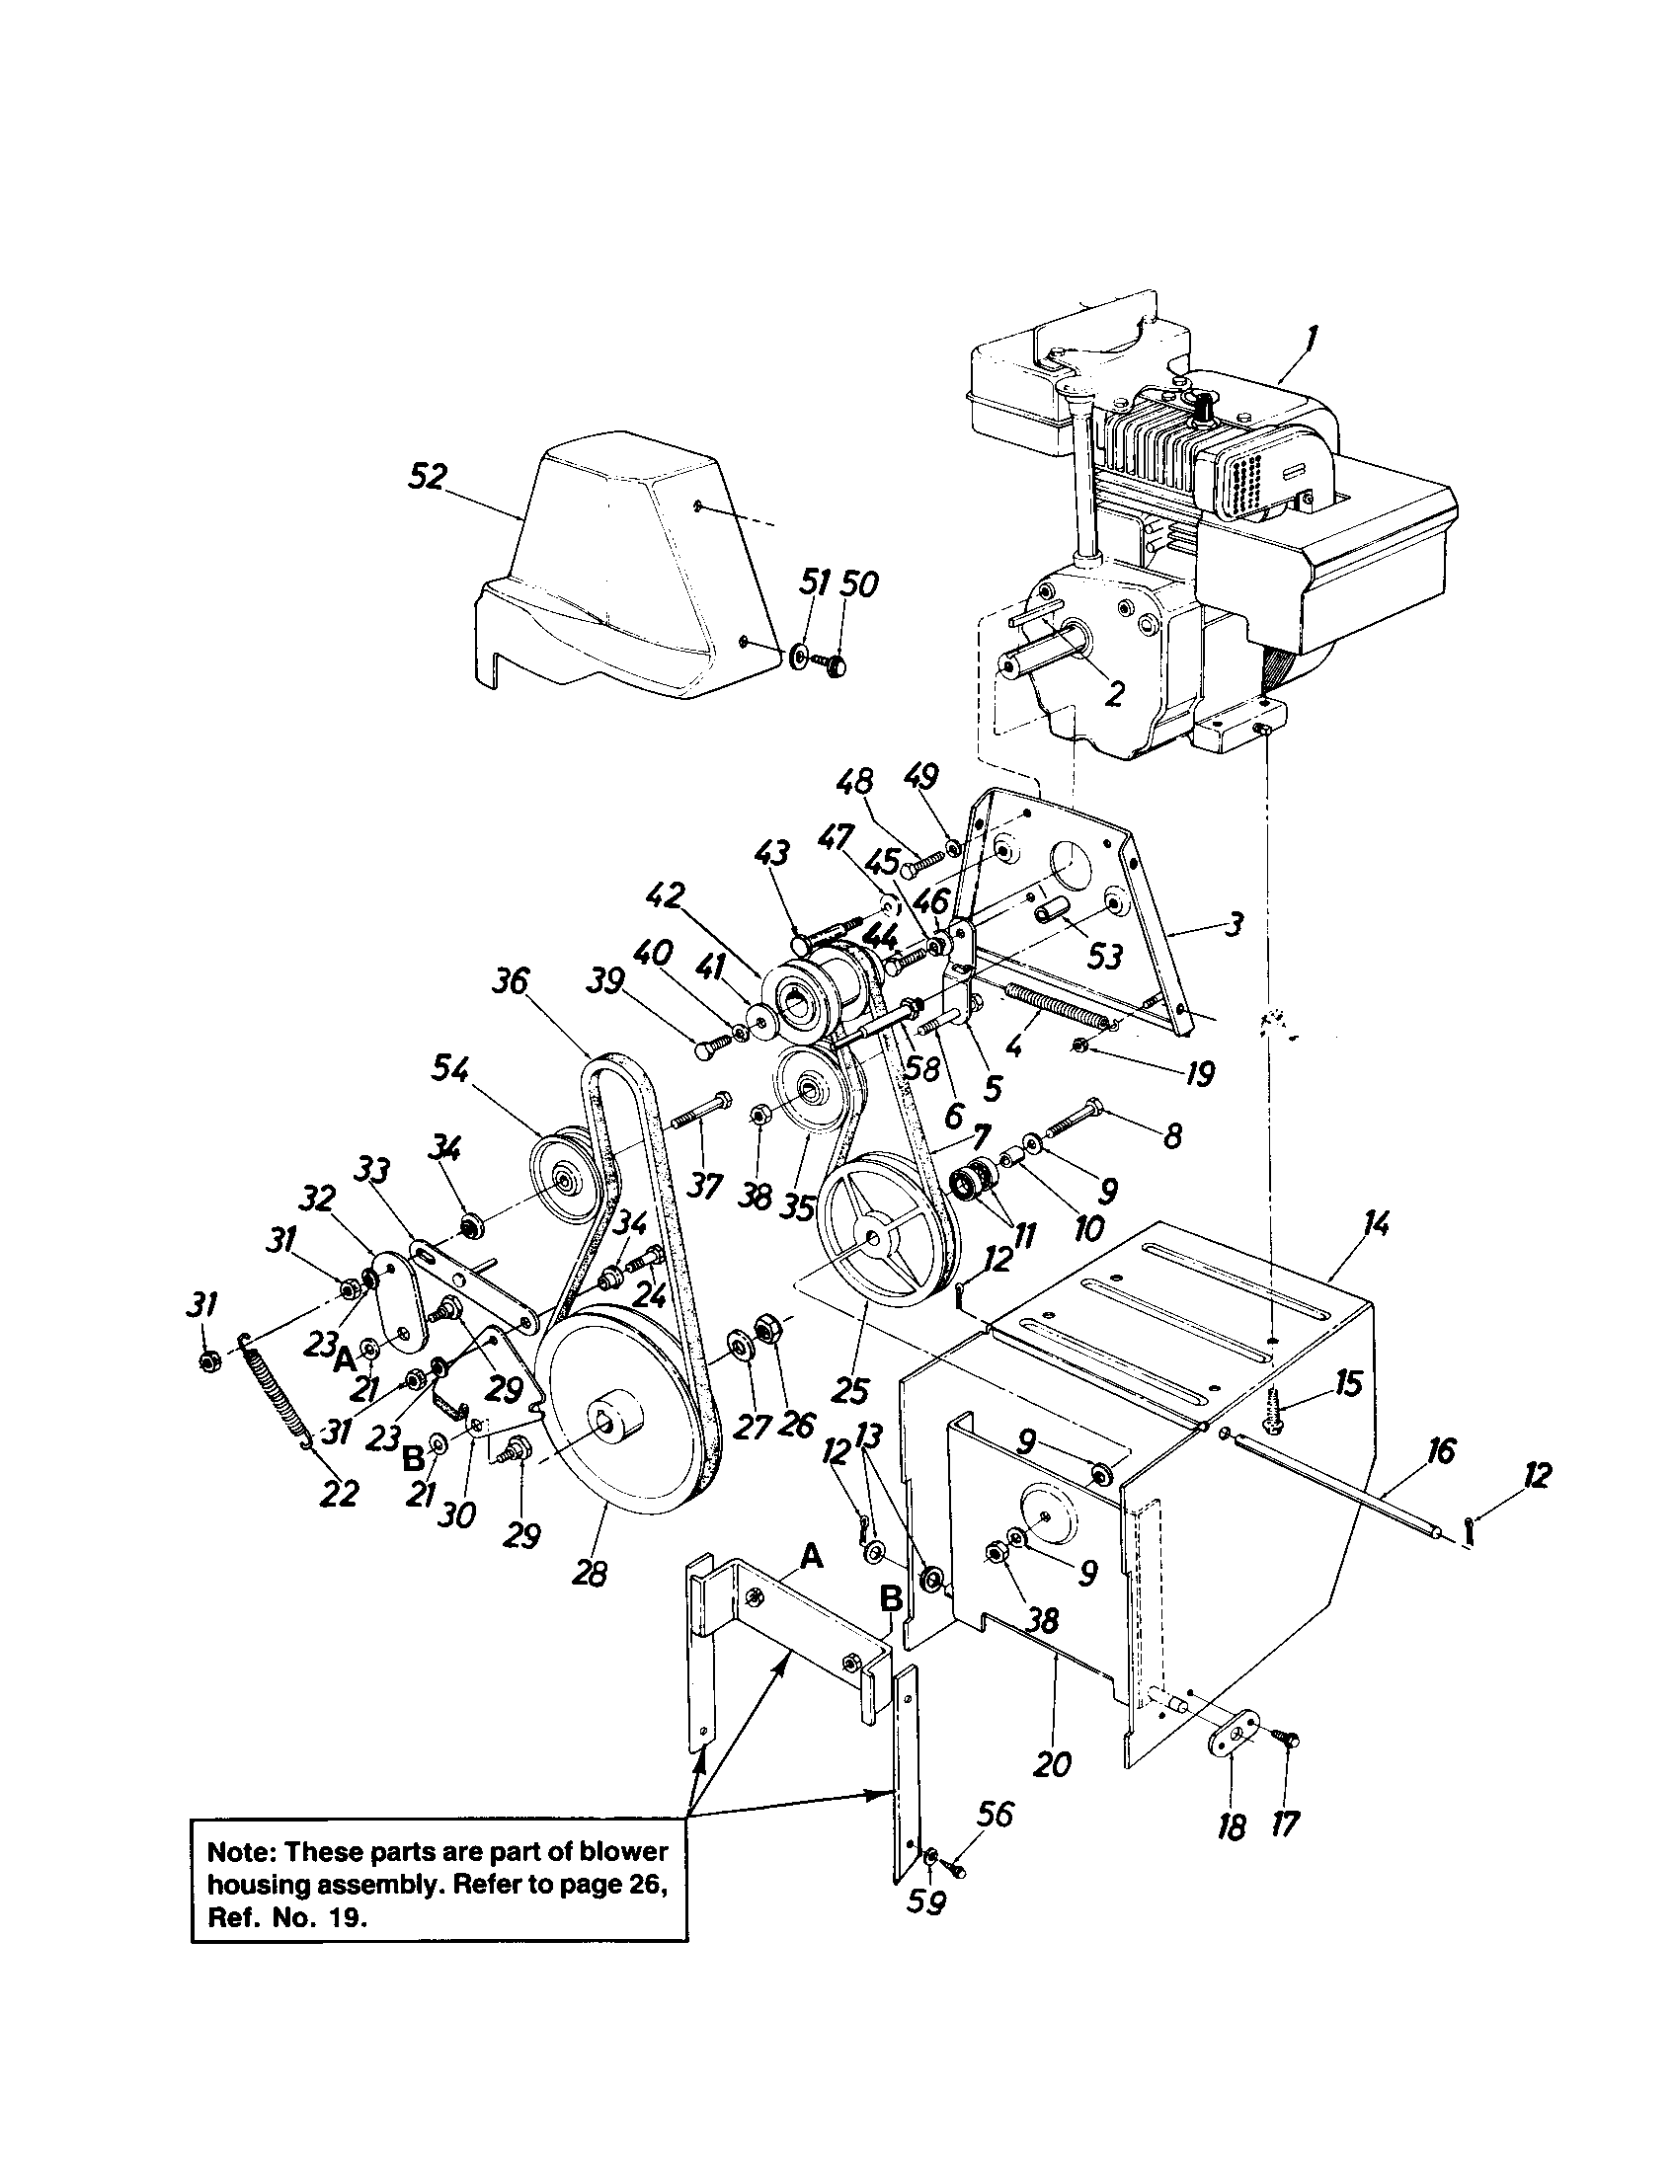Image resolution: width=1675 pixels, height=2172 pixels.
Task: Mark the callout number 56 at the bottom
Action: [994, 1815]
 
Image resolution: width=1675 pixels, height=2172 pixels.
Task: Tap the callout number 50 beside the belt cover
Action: [858, 584]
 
